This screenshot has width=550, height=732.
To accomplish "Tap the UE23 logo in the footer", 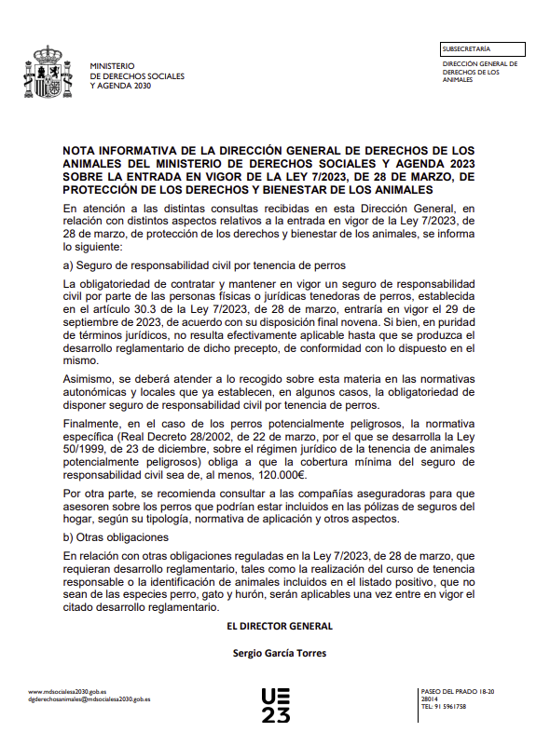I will pyautogui.click(x=275, y=705).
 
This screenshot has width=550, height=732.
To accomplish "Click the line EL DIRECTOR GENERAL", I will pyautogui.click(x=280, y=626).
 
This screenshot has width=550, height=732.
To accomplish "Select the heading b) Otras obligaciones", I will pyautogui.click(x=115, y=537).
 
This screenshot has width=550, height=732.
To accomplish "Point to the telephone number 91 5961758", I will pyautogui.click(x=447, y=707).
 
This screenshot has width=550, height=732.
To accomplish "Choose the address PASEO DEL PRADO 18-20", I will pyautogui.click(x=458, y=691).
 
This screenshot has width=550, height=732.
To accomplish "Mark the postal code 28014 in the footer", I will pyautogui.click(x=431, y=698).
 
